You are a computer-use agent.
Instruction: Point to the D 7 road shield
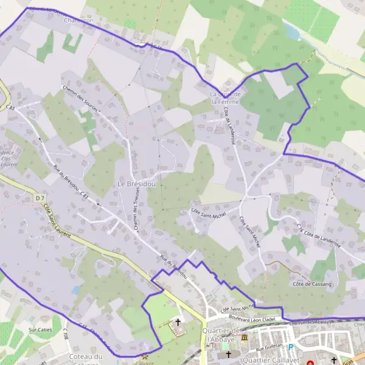[40, 198]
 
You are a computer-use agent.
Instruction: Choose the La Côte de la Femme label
[225, 98]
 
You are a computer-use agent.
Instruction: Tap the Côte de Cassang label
[311, 284]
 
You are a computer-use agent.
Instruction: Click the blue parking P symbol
[290, 348]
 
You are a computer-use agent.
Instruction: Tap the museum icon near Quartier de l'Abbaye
[244, 337]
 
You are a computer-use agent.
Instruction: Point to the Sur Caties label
[40, 330]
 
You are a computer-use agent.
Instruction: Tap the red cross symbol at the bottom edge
[311, 362]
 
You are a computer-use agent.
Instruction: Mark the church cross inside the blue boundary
[178, 322]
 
